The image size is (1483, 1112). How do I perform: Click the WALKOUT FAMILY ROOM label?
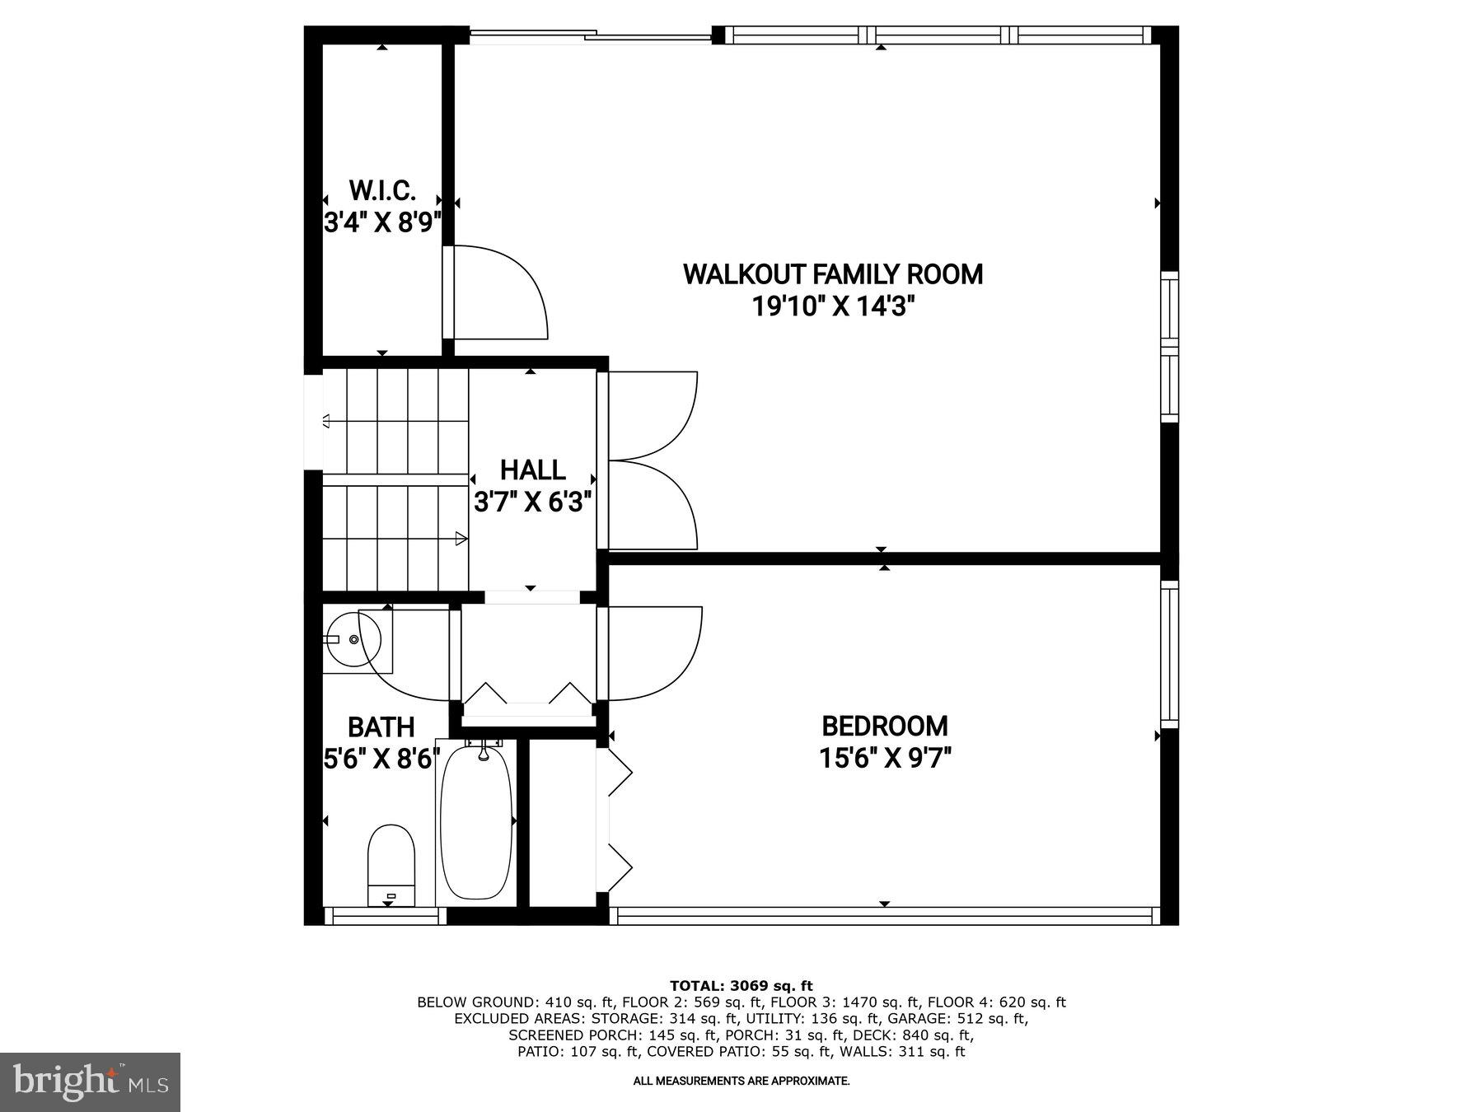click(833, 274)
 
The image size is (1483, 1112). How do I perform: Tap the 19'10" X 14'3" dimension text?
click(833, 307)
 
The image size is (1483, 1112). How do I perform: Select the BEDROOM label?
click(885, 727)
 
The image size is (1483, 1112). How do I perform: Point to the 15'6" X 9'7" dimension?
click(885, 758)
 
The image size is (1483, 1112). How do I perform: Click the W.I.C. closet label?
click(382, 191)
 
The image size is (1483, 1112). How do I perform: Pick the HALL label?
click(532, 470)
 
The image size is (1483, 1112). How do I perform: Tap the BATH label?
click(381, 727)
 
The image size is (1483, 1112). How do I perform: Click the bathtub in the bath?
click(476, 824)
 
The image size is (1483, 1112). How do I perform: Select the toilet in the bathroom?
click(391, 865)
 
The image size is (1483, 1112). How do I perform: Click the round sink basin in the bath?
click(354, 639)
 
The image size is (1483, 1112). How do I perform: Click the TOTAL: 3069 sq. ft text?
click(741, 986)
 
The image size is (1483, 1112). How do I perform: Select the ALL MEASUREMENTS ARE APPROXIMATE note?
click(741, 1081)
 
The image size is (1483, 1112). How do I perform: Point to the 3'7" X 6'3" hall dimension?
click(532, 502)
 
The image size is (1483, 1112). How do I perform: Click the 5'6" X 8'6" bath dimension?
click(381, 759)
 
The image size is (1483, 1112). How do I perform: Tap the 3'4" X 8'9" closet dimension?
click(382, 222)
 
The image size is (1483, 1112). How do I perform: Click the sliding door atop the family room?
click(590, 35)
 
